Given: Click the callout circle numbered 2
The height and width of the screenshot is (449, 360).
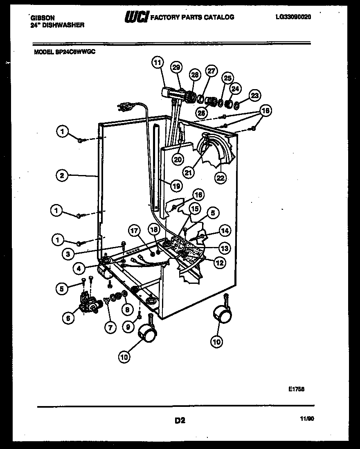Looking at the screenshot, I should coord(61,176).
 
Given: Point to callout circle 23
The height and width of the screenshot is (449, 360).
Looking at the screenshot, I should coord(254,96).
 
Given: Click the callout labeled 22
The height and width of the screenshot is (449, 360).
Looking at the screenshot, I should coord(220,177).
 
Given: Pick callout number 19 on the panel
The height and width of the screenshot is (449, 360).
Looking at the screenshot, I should coord(175,186).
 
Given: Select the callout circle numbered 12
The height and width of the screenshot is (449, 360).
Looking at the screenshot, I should coord(220,263).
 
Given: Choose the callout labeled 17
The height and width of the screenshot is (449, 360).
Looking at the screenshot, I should coord(135,230).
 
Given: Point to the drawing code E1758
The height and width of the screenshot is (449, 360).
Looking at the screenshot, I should coord(296,390).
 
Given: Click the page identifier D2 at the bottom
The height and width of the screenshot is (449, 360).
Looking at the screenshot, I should coord(180,420).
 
